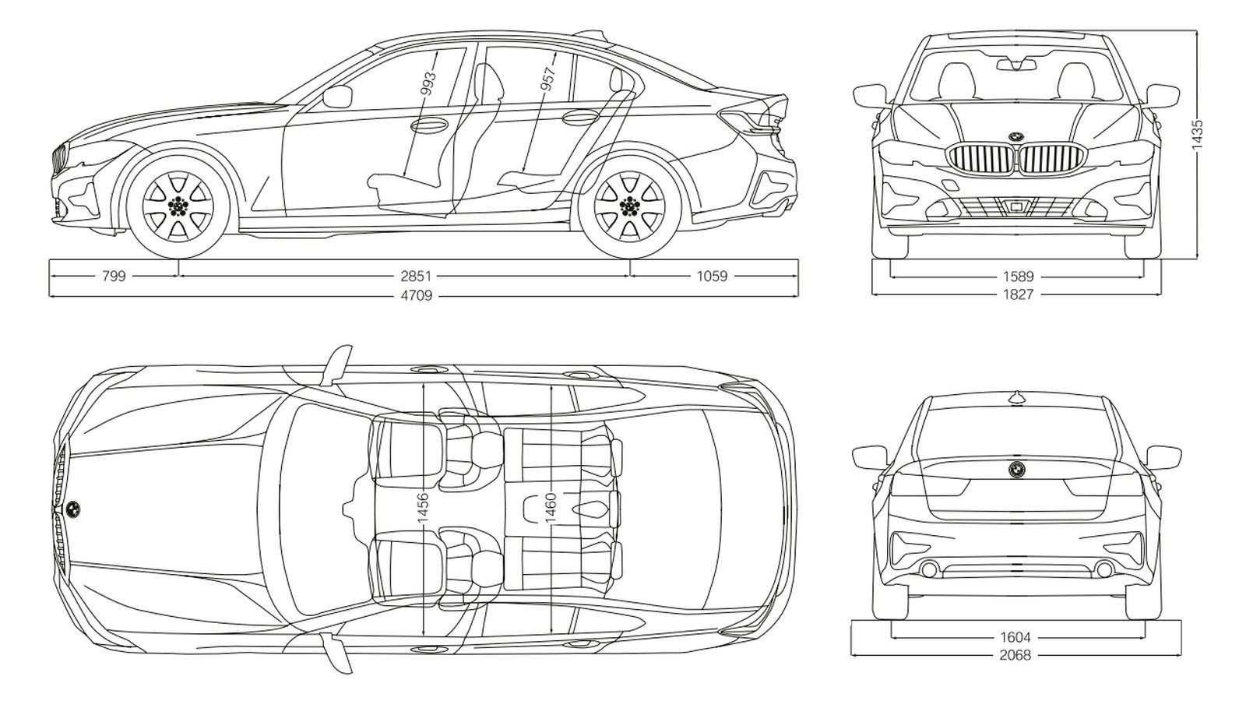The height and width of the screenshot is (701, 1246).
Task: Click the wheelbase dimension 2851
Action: click(x=416, y=276)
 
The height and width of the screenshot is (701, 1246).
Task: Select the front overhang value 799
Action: click(x=114, y=276)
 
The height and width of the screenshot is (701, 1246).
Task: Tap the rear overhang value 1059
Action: click(x=712, y=276)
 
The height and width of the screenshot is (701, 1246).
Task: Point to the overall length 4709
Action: click(x=417, y=295)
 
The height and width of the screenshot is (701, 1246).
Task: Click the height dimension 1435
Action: click(x=1197, y=134)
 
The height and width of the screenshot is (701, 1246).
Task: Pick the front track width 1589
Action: click(x=1018, y=277)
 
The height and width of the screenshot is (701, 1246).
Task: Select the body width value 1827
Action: click(x=1018, y=295)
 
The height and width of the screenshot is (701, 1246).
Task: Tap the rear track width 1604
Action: click(x=1015, y=638)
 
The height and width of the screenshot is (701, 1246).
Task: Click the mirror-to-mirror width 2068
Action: click(x=1015, y=655)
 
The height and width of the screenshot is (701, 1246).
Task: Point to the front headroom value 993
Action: click(x=428, y=83)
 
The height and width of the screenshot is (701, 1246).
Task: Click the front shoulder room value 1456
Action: click(x=423, y=508)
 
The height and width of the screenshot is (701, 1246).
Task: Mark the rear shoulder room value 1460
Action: click(x=550, y=508)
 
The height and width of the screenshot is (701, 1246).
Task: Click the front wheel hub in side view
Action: click(x=178, y=206)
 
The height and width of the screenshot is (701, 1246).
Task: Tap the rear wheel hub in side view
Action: click(x=630, y=206)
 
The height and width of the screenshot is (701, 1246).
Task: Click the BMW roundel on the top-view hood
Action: click(x=73, y=509)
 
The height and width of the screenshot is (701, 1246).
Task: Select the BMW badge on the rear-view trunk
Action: click(x=1017, y=469)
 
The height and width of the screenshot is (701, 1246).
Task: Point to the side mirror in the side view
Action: click(x=338, y=97)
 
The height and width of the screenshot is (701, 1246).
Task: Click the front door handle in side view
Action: click(x=429, y=124)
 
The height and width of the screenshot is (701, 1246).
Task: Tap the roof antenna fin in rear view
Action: click(x=1017, y=396)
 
